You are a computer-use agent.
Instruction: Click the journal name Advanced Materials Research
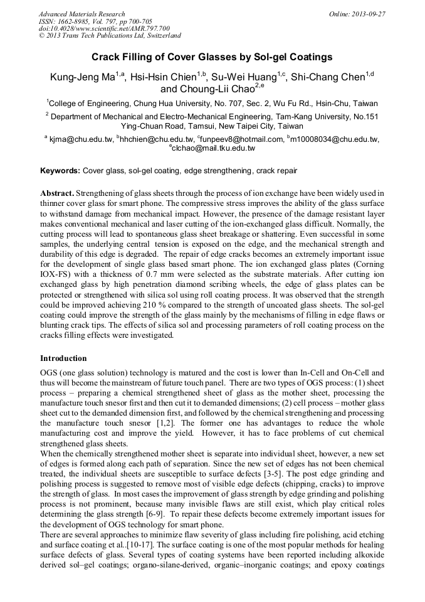tap(81, 14)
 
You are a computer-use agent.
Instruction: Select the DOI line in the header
tap(104, 29)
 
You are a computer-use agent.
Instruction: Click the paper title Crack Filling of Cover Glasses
tap(212, 57)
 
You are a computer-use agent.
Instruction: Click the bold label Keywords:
tap(60, 171)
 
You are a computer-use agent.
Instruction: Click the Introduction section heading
tap(63, 358)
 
